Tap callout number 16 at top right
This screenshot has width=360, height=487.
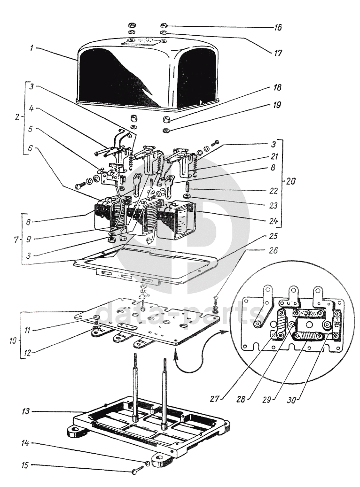click(277, 27)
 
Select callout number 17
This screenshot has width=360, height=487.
click(278, 53)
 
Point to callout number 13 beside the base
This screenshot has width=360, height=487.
click(26, 411)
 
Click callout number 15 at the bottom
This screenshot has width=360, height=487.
click(25, 465)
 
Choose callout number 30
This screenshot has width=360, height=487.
click(291, 399)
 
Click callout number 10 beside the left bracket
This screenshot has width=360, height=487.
click(14, 340)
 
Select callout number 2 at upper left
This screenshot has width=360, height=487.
click(18, 117)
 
